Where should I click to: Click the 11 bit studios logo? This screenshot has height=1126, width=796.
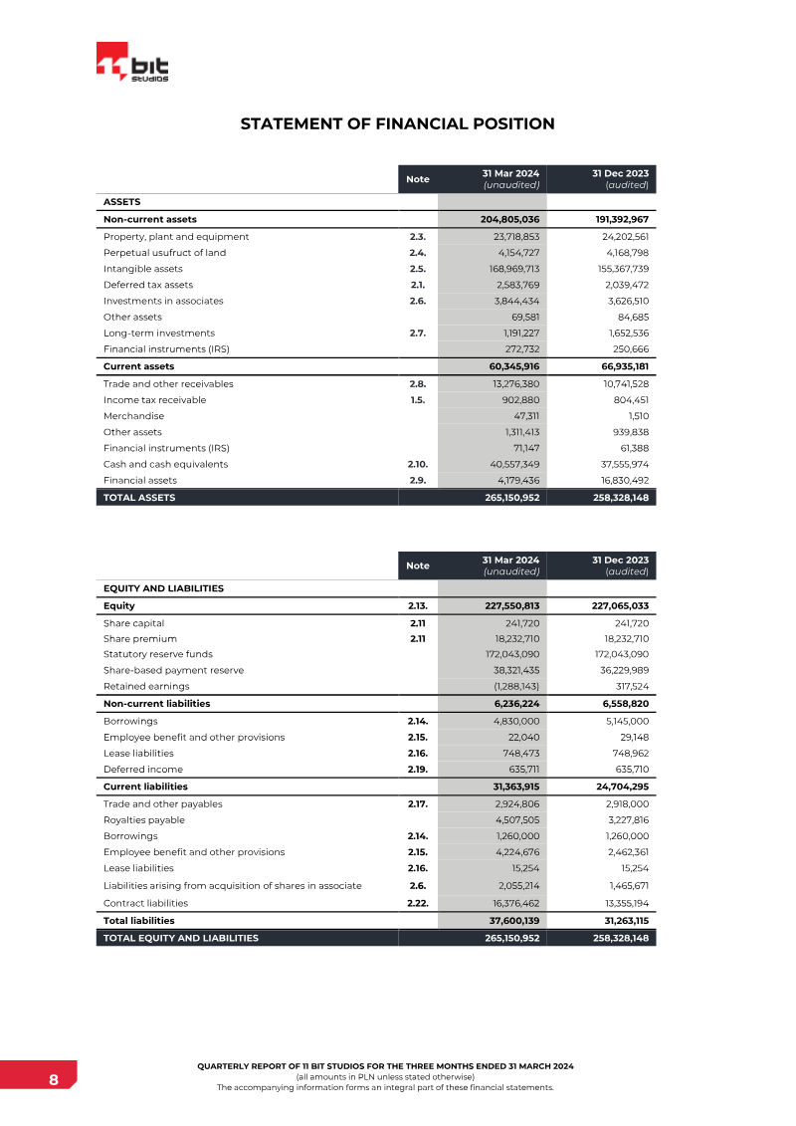(x=132, y=64)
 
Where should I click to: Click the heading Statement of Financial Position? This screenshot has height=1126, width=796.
(x=397, y=124)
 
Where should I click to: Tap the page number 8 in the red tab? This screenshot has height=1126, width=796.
(x=53, y=1080)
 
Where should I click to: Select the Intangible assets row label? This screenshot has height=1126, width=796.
(x=143, y=269)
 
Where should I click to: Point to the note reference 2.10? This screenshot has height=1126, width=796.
(x=418, y=464)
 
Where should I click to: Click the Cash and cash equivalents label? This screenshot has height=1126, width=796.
(x=165, y=464)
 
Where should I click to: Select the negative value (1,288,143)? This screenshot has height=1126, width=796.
(x=516, y=686)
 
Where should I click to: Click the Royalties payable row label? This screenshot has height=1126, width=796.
(x=143, y=820)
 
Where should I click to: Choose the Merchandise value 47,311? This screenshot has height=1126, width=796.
(x=524, y=416)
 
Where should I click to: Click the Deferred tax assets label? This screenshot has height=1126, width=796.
(x=148, y=285)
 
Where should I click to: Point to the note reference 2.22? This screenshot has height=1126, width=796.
(x=418, y=903)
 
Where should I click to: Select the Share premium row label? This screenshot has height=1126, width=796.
(x=140, y=638)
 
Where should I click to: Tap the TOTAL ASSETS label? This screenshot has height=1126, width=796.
(x=139, y=497)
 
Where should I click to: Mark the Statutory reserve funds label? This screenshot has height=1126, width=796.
(x=158, y=654)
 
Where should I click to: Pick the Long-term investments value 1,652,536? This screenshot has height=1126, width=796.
(x=622, y=333)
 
